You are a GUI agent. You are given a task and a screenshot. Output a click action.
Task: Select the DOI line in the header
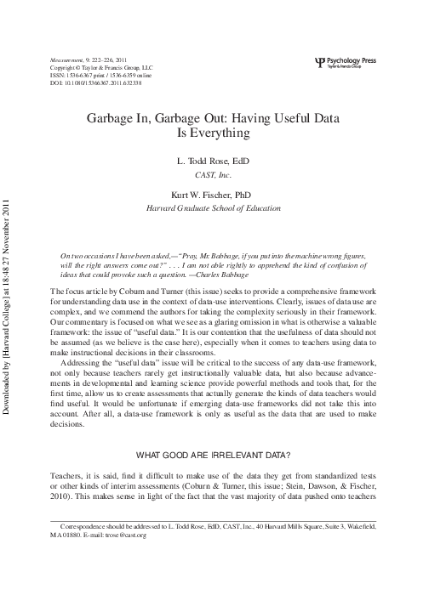(x=93, y=84)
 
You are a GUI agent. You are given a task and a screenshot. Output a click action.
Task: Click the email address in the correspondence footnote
(x=124, y=535)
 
